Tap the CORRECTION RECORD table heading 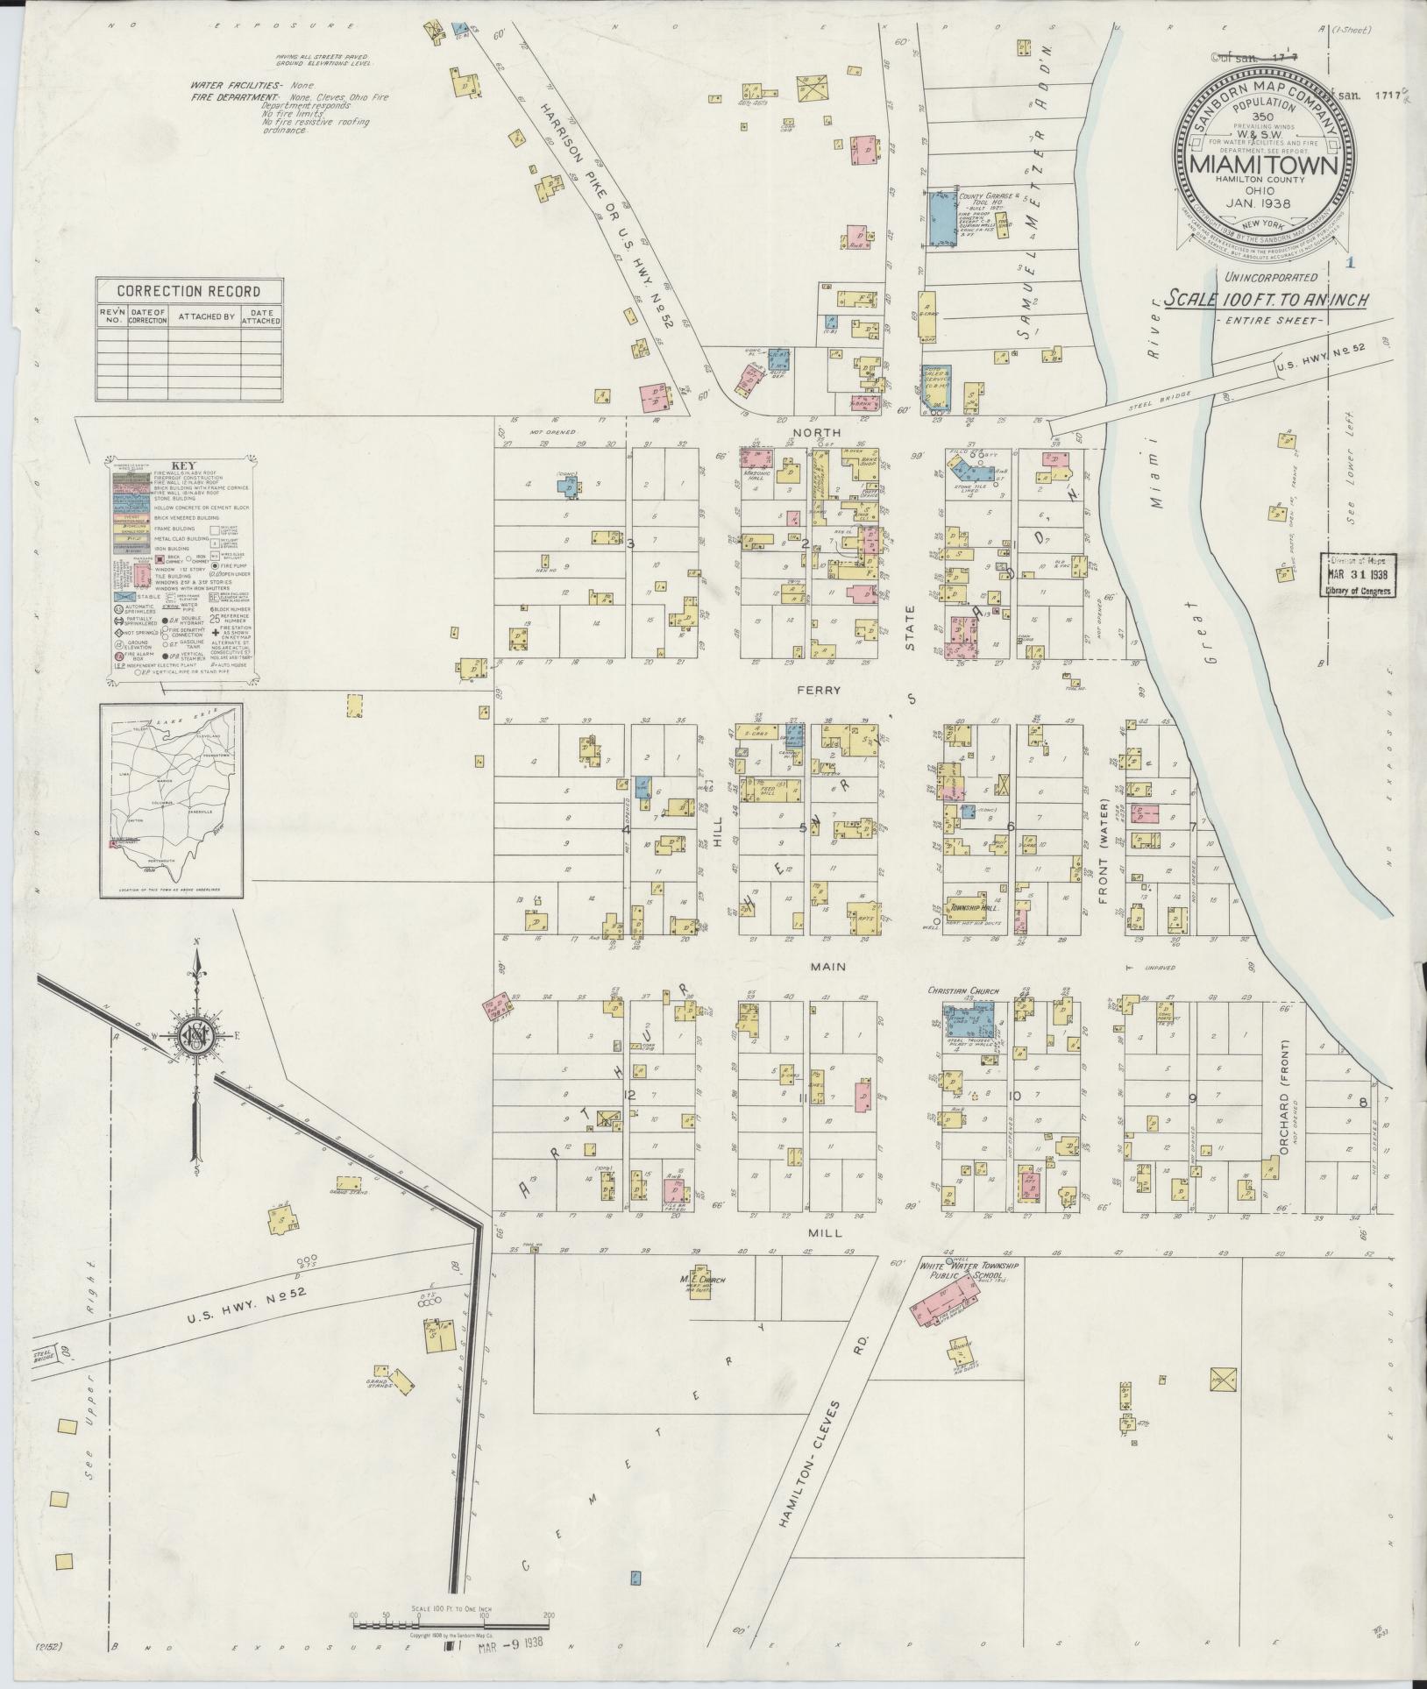tap(189, 291)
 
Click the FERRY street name tap(819, 691)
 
